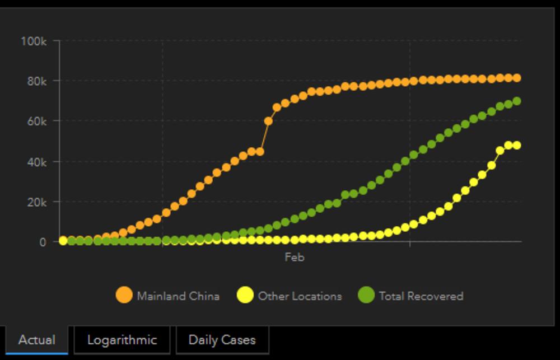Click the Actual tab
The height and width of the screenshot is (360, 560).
tap(36, 340)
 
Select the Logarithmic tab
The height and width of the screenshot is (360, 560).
tap(122, 340)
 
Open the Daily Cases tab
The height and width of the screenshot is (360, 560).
tap(222, 340)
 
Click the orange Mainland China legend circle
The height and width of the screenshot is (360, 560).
tap(124, 295)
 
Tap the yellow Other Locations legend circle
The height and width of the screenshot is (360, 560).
tap(245, 295)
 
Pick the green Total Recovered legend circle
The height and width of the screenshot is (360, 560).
tap(366, 295)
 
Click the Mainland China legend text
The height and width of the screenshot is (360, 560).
tap(178, 296)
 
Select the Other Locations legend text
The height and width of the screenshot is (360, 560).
tap(300, 296)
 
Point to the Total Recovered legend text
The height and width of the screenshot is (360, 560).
tap(421, 296)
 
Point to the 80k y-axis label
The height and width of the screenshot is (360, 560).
tap(35, 81)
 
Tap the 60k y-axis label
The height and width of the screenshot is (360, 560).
tap(35, 121)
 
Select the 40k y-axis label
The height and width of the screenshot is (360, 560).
tap(35, 162)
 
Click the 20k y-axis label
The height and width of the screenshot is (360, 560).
tap(35, 202)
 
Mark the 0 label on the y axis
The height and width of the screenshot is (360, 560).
tap(43, 242)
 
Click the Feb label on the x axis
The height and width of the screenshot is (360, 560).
tap(295, 258)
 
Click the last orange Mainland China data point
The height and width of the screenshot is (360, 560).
tap(517, 78)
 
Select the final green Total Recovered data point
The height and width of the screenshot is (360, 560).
tap(517, 101)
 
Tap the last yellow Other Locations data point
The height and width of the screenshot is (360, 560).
tap(517, 145)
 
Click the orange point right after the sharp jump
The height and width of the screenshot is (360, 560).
tap(268, 121)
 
